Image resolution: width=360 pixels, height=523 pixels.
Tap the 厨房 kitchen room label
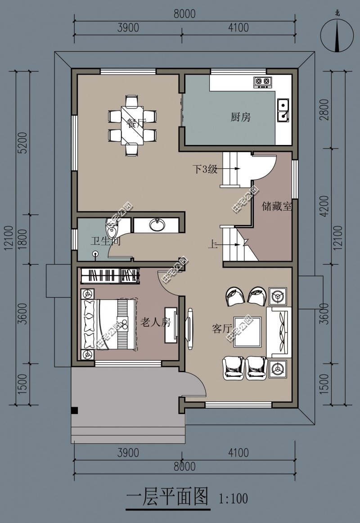240,117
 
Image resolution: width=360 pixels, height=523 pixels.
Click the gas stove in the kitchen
263,81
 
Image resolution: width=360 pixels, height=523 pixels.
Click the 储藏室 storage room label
277,207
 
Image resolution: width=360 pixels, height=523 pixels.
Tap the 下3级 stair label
205,170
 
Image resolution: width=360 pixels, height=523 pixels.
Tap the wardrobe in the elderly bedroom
109,275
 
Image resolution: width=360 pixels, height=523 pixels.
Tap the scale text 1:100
234,499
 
